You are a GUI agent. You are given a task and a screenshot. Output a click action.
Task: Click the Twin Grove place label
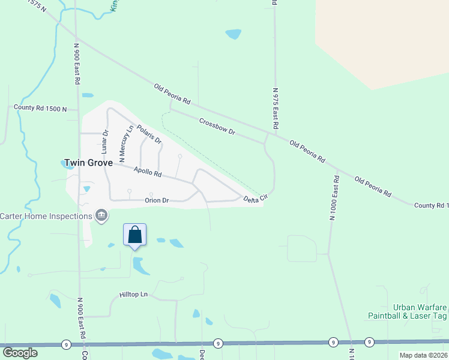click(x=88, y=162)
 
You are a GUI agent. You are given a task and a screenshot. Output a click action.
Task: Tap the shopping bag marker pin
click(x=135, y=235)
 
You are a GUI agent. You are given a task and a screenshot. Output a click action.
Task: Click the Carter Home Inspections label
click(x=45, y=216)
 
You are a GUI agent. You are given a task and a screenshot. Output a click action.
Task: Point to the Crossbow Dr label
click(x=217, y=126)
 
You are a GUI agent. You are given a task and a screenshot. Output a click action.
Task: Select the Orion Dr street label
click(x=157, y=200)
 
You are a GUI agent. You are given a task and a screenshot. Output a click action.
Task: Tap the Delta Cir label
click(x=255, y=199)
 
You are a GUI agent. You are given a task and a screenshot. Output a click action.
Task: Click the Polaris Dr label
click(x=149, y=134)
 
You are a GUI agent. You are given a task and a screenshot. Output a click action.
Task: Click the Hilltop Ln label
click(x=133, y=295)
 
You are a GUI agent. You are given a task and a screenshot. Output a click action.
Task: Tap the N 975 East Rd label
click(x=276, y=109)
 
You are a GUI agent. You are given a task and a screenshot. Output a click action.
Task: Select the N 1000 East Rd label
click(x=332, y=199)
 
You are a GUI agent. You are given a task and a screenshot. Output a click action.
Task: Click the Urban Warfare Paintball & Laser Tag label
click(x=408, y=311)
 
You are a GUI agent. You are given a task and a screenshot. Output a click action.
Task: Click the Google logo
click(x=20, y=353)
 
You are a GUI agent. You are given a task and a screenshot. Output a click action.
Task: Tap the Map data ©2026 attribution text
click(x=423, y=355)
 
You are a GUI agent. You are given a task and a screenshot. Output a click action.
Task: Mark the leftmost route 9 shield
click(x=65, y=344)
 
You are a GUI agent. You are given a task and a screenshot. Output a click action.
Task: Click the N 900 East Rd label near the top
click(x=77, y=63)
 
